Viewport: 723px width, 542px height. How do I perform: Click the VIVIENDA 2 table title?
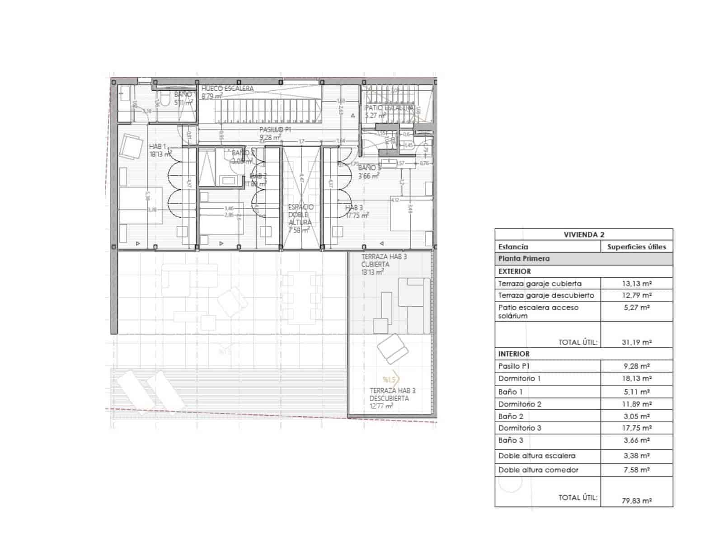pyautogui.click(x=584, y=234)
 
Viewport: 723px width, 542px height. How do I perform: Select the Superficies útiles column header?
pyautogui.click(x=636, y=247)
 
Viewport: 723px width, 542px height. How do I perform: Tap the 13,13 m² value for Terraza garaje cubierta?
pyautogui.click(x=636, y=284)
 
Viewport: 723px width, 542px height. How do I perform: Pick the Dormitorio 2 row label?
pyautogui.click(x=520, y=404)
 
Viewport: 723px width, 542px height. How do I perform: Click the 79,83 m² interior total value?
pyautogui.click(x=636, y=500)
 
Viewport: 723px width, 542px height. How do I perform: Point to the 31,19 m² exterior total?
pyautogui.click(x=636, y=342)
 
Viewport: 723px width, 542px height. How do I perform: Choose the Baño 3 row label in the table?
pyautogui.click(x=511, y=440)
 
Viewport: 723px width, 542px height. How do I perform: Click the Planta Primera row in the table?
pyautogui.click(x=524, y=259)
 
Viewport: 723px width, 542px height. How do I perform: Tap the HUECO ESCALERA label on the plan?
pyautogui.click(x=227, y=89)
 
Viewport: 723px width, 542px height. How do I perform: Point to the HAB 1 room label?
pyautogui.click(x=158, y=147)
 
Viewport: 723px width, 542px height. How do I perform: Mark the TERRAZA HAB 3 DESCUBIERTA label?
pyautogui.click(x=392, y=395)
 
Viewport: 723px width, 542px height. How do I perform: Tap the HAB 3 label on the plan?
pyautogui.click(x=354, y=208)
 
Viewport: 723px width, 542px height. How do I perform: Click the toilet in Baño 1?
pyautogui.click(x=165, y=99)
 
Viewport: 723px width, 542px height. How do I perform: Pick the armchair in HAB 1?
pyautogui.click(x=131, y=147)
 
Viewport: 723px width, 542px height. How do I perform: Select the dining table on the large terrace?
pyautogui.click(x=302, y=297)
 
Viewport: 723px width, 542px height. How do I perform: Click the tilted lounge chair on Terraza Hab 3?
pyautogui.click(x=392, y=348)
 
